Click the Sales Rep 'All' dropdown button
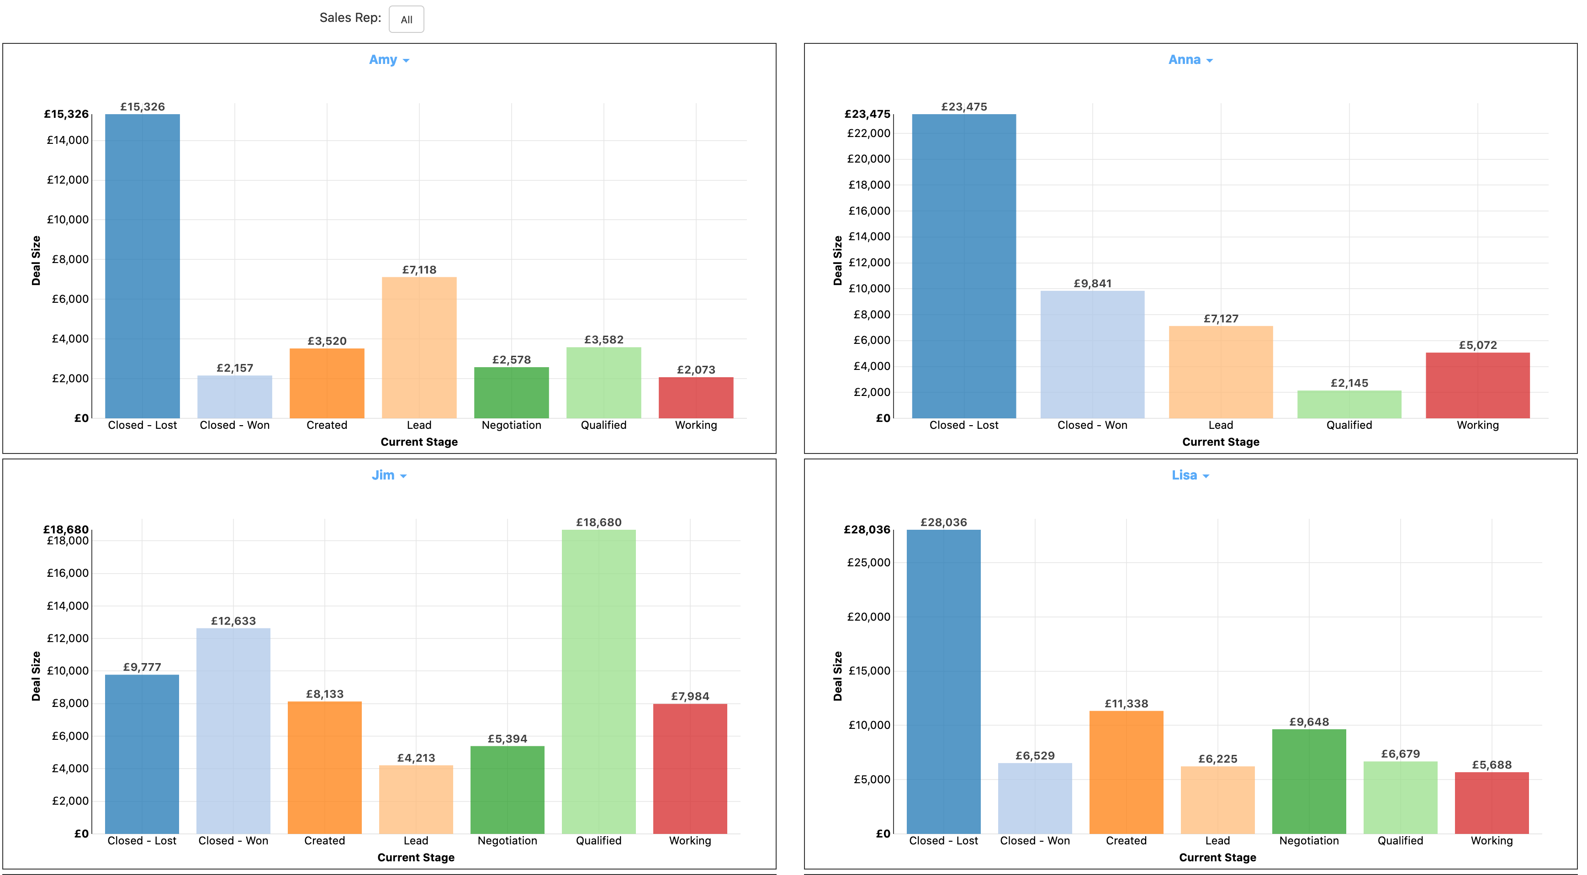[406, 19]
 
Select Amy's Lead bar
[419, 348]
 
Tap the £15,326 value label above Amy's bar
[143, 106]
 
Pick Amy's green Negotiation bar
[511, 392]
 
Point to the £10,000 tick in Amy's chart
[68, 220]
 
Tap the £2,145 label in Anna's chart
[1349, 383]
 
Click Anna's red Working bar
[1477, 385]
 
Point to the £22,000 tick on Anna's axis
[869, 133]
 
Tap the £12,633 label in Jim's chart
[233, 621]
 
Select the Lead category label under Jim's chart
[416, 840]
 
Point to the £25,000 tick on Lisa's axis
[869, 562]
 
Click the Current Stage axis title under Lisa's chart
[1217, 857]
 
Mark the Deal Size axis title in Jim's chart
[36, 675]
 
